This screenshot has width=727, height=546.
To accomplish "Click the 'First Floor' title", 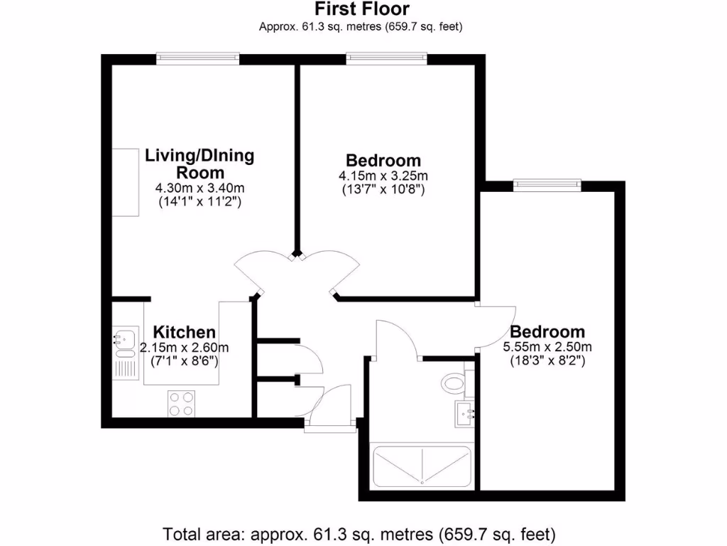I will coord(361,9).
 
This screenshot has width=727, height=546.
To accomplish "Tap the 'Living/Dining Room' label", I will coord(199,164).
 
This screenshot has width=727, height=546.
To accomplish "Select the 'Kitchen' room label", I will coord(185,332).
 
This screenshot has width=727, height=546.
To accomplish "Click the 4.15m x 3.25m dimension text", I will coord(383,176).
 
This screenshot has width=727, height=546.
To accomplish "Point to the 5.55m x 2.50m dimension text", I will coord(547,347).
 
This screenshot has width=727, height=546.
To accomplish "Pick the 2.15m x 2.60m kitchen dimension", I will coord(185,348).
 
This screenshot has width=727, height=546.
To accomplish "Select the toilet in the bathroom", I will coord(453,384).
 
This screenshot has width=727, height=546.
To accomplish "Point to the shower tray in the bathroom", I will coord(421,466).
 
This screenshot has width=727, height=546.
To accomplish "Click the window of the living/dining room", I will coord(197,58).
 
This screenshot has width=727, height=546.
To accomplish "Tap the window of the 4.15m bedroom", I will coord(386,58).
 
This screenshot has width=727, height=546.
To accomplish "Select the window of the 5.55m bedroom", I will coord(547,185).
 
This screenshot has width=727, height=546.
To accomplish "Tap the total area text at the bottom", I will coord(359,532).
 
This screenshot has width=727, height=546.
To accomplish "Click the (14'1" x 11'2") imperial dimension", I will coord(199,201).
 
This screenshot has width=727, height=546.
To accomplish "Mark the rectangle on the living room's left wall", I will coord(126,183).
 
